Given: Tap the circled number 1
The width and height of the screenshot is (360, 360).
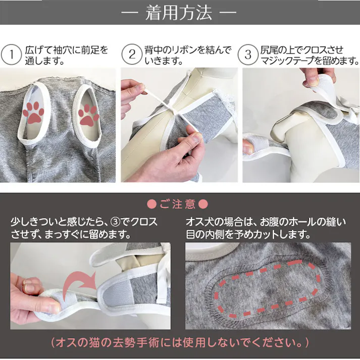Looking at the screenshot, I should point(10,55).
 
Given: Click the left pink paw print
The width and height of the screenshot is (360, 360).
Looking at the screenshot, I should point(34,112).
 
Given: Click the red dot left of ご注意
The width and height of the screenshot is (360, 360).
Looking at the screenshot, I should point(150,204).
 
